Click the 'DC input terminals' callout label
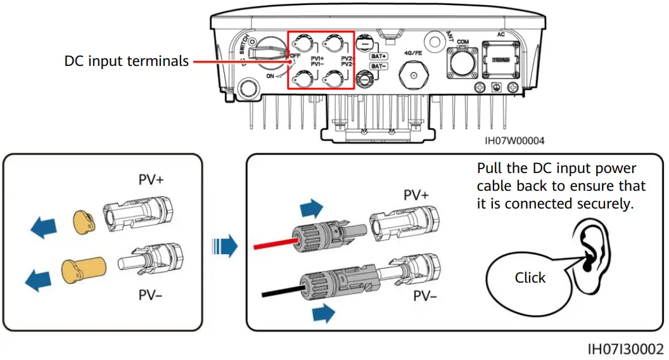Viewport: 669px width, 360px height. coord(127,61)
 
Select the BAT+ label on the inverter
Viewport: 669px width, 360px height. coord(379,56)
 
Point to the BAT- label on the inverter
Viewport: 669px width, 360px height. coord(379,66)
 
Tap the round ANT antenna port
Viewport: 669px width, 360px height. coord(432,41)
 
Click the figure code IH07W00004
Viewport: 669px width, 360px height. coord(514,141)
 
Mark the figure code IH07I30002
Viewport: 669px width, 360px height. coord(625,349)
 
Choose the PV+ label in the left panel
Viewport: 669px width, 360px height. coord(151,180)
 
